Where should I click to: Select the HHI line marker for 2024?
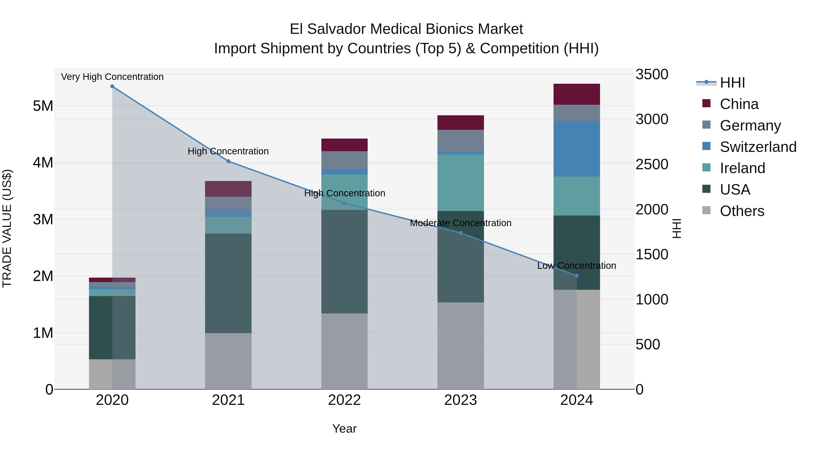pos(577,276)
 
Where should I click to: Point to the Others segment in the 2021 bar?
pos(228,361)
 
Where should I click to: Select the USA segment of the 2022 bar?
pos(344,262)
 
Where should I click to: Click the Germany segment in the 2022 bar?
pos(344,160)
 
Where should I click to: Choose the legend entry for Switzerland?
pos(757,147)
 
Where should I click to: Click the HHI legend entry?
pos(732,83)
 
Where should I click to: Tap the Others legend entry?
pos(742,211)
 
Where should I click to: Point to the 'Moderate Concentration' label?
pos(460,223)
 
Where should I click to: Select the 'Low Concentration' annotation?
pos(577,266)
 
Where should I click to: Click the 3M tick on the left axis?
pos(43,219)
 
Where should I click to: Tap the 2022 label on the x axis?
pos(344,400)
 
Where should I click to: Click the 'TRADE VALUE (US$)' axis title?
pos(7,228)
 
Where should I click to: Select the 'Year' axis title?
pos(344,429)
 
